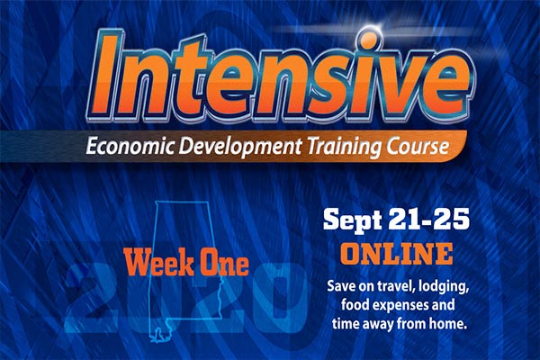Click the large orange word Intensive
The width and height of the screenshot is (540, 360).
click(x=281, y=74)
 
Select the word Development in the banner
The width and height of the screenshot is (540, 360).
click(x=240, y=147)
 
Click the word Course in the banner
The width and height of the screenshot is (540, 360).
click(x=418, y=147)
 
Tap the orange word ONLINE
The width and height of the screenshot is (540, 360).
click(x=396, y=253)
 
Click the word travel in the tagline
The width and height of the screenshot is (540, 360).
click(x=395, y=286)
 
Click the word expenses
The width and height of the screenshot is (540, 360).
click(x=400, y=306)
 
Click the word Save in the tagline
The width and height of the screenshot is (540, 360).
click(x=340, y=286)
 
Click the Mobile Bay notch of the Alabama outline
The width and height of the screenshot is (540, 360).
click(x=157, y=335)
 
